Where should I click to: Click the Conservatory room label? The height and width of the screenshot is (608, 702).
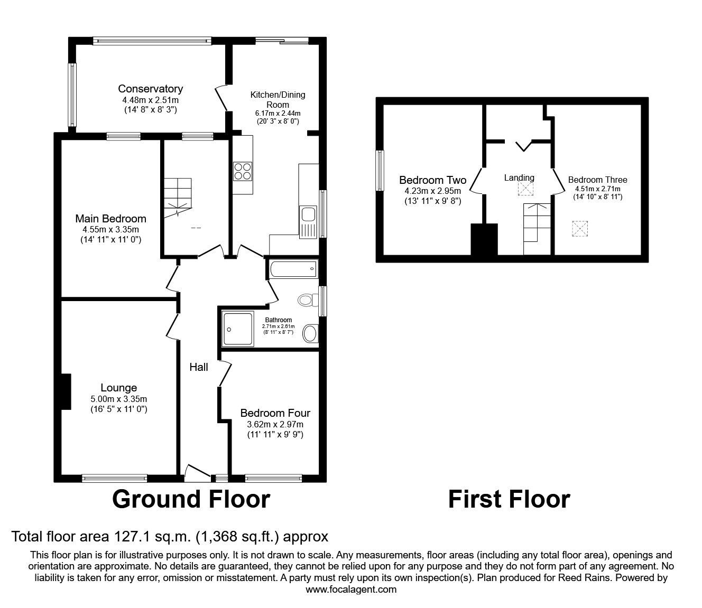[x=151, y=89]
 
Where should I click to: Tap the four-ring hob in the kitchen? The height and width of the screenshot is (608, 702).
[x=243, y=172]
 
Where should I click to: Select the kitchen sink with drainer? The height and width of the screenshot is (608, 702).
[x=308, y=222]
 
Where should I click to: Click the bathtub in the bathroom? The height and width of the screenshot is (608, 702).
[x=294, y=269]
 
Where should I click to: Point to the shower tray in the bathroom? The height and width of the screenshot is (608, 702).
[x=238, y=329]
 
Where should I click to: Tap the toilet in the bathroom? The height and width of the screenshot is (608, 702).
[x=308, y=300]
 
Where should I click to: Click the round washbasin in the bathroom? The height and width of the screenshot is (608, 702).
[x=310, y=333]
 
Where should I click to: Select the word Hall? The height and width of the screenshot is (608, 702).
[x=199, y=367]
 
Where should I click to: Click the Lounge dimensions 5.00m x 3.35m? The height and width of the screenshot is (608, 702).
[x=118, y=399]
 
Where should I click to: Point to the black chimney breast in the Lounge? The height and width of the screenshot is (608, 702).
[x=66, y=391]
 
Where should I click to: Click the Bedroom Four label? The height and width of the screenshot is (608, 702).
[x=275, y=413]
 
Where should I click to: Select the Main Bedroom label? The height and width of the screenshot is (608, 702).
[x=110, y=219]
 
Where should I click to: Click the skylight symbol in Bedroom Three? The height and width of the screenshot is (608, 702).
[x=580, y=229]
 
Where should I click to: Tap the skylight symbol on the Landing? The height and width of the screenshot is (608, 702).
[x=525, y=189]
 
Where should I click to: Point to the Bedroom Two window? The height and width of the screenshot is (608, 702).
[x=380, y=171]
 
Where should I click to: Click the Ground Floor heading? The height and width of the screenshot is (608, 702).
[x=191, y=499]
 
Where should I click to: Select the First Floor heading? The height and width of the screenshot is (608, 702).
[x=509, y=499]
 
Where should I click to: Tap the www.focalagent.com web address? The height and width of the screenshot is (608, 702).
[x=351, y=590]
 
